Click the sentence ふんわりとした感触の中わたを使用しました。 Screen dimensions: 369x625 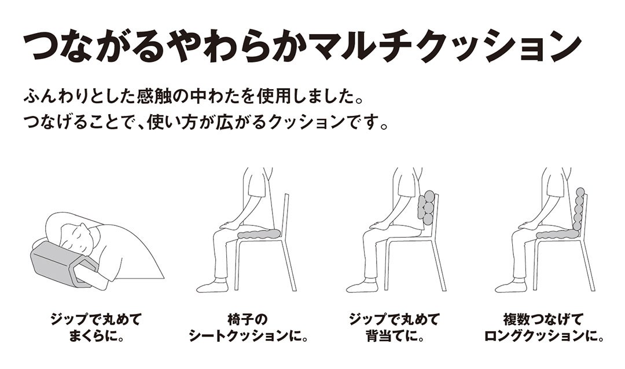[x=196, y=95]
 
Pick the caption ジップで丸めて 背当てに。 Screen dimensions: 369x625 [x=394, y=327]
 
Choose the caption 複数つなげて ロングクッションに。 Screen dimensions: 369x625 [x=543, y=327]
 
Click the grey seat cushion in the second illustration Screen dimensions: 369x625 [x=259, y=234]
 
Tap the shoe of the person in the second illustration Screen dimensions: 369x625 [x=211, y=286]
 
